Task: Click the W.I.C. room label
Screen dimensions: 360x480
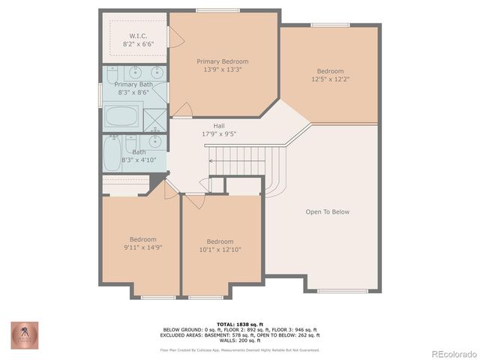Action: pyautogui.click(x=137, y=35)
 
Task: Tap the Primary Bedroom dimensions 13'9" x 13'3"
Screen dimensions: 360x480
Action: pyautogui.click(x=222, y=70)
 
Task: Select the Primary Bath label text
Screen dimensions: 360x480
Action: pyautogui.click(x=133, y=85)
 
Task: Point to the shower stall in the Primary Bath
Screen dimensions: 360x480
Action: pyautogui.click(x=155, y=119)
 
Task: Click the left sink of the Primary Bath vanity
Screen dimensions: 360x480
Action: pyautogui.click(x=135, y=73)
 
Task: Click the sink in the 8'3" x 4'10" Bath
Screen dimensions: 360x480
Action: pyautogui.click(x=155, y=141)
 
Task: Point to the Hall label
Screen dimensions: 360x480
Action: pyautogui.click(x=218, y=126)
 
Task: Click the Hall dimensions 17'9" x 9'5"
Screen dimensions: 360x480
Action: pyautogui.click(x=218, y=134)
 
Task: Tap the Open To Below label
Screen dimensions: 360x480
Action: pyautogui.click(x=327, y=211)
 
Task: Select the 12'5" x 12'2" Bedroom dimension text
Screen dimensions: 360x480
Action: pyautogui.click(x=330, y=79)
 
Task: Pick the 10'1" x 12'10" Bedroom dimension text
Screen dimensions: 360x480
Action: pyautogui.click(x=220, y=250)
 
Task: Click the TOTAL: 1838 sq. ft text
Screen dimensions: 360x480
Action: pyautogui.click(x=239, y=323)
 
